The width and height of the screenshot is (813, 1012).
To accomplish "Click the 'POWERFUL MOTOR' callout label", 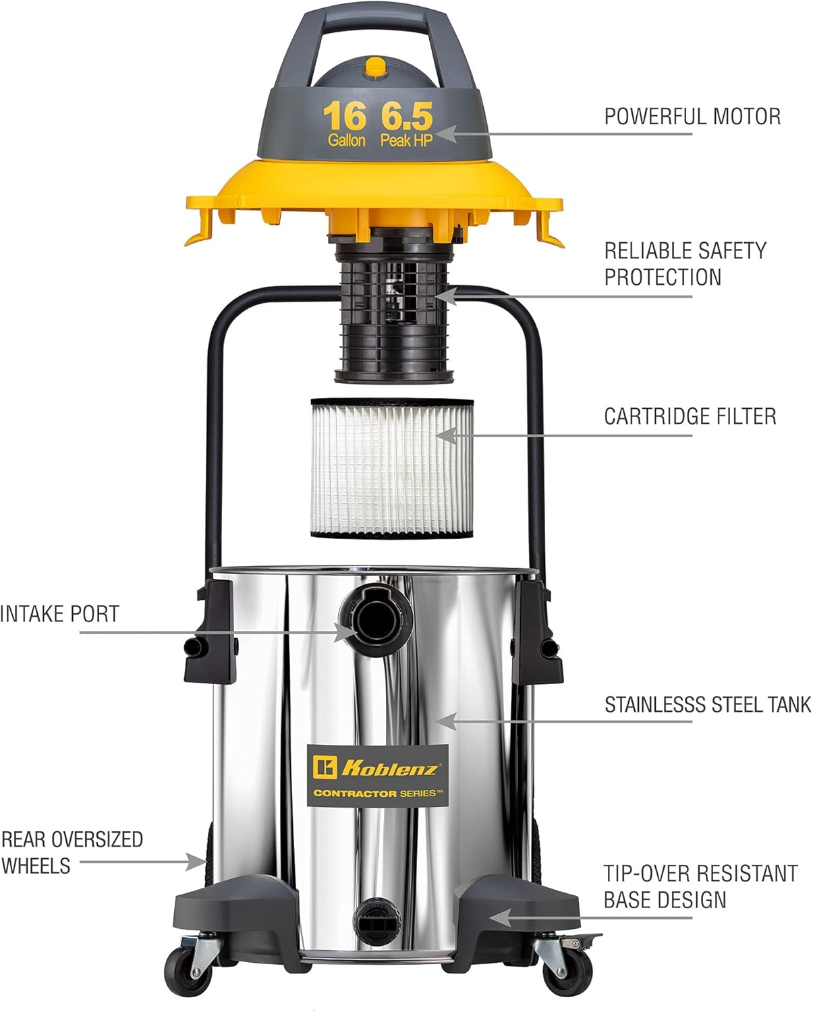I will (692, 117).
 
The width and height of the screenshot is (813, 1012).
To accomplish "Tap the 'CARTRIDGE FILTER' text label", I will (690, 416).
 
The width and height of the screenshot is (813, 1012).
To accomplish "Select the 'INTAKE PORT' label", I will (59, 614).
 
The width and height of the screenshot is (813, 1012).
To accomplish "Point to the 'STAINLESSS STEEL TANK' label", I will (707, 705).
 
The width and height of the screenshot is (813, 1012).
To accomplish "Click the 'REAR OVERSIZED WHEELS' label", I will (72, 852).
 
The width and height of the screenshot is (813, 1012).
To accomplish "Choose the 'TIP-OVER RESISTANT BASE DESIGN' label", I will (700, 887).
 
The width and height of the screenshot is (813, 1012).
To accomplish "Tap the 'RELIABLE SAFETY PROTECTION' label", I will (684, 264).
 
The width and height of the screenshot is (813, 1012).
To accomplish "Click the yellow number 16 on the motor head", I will (344, 117).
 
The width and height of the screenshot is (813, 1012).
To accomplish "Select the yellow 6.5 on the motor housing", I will (406, 117).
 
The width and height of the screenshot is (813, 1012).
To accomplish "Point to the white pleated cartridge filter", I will (392, 468).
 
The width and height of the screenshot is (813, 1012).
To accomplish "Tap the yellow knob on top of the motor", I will (373, 67).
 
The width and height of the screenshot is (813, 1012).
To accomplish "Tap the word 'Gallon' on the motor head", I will (347, 140).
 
